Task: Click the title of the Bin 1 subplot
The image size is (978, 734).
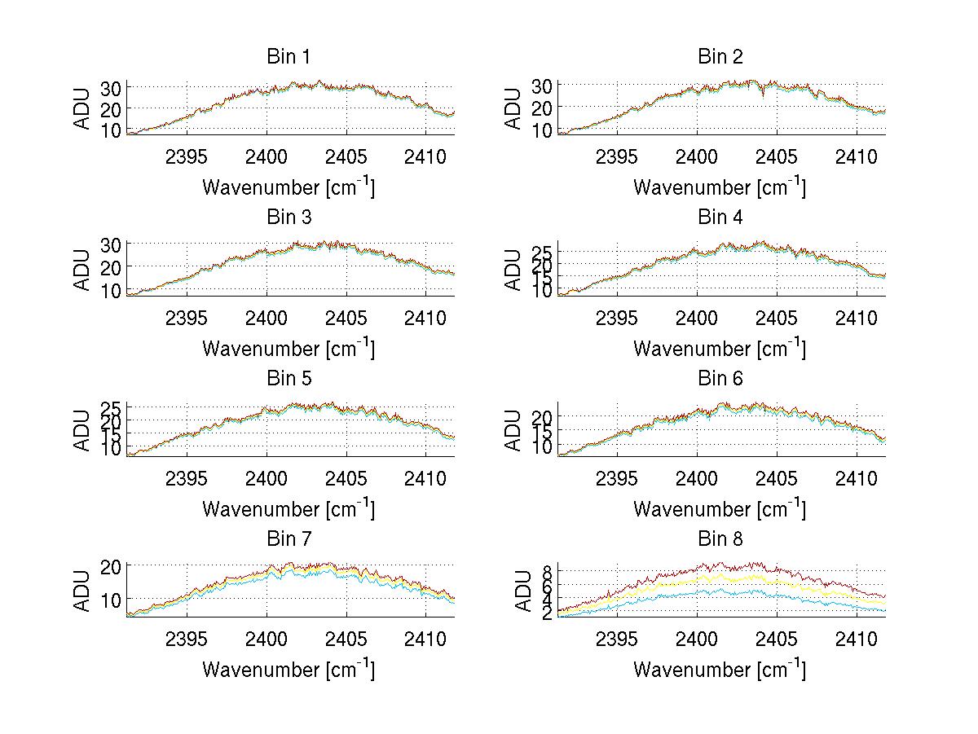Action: point(289,57)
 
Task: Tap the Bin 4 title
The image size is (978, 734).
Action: point(720,218)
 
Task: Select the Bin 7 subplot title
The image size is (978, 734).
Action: point(289,538)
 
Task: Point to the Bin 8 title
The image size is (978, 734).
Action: point(720,538)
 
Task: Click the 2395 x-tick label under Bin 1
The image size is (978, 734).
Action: point(187,156)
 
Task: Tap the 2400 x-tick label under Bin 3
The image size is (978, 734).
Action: point(267,317)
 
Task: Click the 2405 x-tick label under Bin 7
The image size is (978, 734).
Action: point(346,638)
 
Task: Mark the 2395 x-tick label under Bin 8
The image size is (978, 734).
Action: point(618,638)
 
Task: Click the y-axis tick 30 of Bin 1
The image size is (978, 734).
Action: point(112,88)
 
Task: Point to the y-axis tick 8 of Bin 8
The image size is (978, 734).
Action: point(547,571)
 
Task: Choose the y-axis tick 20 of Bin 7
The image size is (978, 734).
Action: point(112,566)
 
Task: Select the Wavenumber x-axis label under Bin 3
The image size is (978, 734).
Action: point(289,348)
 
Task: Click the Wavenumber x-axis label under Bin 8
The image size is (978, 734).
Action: point(720,669)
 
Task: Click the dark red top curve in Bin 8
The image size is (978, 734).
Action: point(733,565)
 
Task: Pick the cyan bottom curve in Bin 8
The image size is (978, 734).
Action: point(733,593)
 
